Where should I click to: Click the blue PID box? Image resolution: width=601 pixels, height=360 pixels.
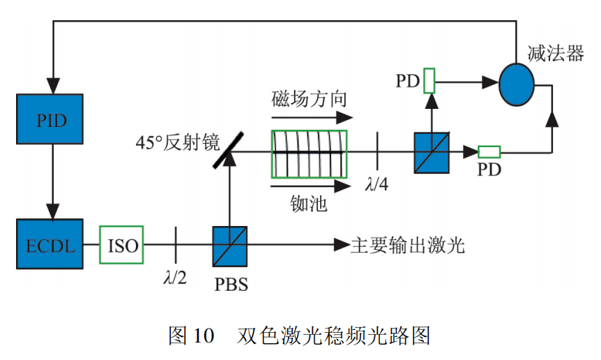coord(50,119)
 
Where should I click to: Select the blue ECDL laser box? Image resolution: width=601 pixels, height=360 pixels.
coord(50,244)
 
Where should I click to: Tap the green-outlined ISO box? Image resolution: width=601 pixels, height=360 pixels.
coord(121,244)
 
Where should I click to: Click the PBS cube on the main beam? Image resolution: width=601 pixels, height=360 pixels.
coord(229,244)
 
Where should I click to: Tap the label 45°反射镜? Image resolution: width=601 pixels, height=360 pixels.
coord(178,144)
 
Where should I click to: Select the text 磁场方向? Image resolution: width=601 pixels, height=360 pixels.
coord(309,98)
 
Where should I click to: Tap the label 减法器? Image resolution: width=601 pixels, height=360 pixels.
coord(556,53)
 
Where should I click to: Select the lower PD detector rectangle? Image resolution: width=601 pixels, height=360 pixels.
coord(489,151)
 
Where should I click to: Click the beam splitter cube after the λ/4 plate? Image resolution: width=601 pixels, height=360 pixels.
coord(432,152)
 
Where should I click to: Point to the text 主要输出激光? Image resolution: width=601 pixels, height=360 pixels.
coord(407,245)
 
